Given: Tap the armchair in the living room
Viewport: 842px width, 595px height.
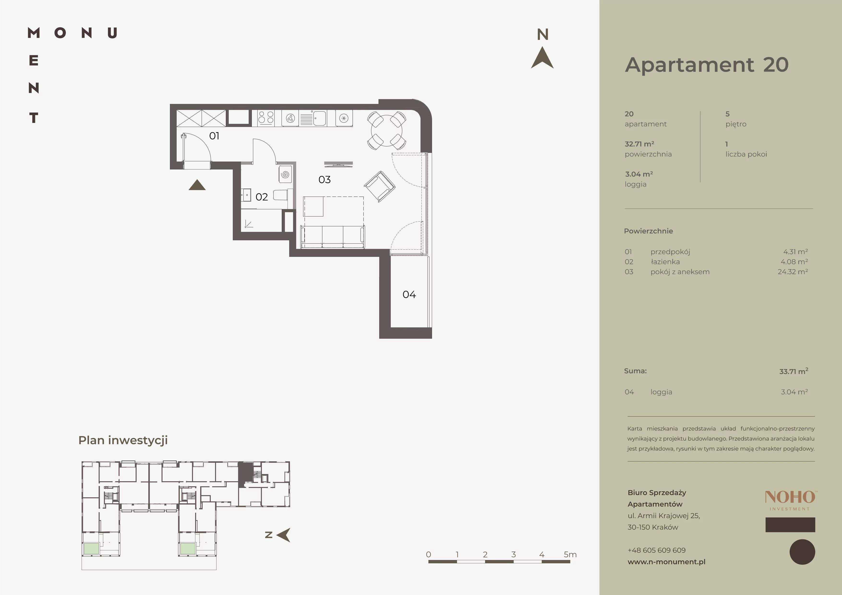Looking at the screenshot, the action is point(379,186).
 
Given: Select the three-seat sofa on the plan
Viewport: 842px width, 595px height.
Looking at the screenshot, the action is point(333,237).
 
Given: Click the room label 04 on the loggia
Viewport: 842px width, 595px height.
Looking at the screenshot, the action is point(409,294).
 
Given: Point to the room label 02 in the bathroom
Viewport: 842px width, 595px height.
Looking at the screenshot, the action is point(261,197).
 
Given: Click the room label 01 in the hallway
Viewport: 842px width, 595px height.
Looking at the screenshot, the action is point(214,136).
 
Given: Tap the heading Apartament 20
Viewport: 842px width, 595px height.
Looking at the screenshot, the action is point(707,65).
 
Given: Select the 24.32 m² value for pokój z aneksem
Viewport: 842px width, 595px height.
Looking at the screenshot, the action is point(793,272).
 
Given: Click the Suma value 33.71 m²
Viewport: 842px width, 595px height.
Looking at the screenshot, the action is point(794,371).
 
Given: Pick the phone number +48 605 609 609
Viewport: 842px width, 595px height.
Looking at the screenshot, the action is point(656,550).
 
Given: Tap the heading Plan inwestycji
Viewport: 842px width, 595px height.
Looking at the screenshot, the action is point(123,440).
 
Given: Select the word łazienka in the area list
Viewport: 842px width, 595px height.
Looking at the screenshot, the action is point(665,262).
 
